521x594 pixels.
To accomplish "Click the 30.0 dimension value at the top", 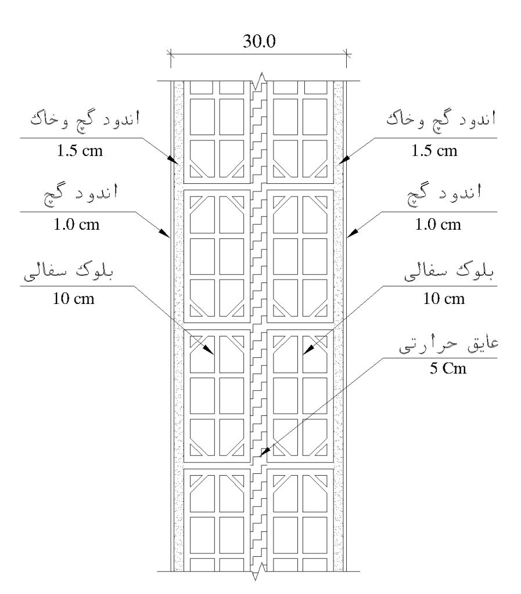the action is [x=260, y=41].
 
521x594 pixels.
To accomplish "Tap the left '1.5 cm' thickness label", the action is [x=80, y=151].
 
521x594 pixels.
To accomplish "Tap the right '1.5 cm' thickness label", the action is [x=434, y=151].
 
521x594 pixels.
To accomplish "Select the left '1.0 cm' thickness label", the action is [x=77, y=224].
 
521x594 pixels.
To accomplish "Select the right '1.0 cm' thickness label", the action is [x=438, y=224].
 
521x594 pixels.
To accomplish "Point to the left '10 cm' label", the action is [x=74, y=299].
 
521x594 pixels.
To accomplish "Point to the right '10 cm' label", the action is [x=444, y=299].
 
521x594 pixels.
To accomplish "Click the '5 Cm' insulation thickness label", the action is [x=448, y=368].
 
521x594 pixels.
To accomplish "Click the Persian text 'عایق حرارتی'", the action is [x=449, y=345].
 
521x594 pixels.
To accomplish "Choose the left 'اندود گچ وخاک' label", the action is [x=85, y=119].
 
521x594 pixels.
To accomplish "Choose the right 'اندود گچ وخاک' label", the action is [x=441, y=119].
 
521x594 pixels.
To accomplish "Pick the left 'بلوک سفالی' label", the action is [x=69, y=273].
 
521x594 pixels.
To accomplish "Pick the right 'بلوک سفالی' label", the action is [x=449, y=273].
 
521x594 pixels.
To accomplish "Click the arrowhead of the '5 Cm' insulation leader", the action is [x=264, y=451].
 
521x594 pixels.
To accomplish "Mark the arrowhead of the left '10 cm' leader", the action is [x=210, y=350].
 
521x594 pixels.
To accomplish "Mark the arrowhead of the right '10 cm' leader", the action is [x=307, y=350].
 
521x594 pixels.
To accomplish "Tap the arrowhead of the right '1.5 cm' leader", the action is [x=343, y=160].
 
